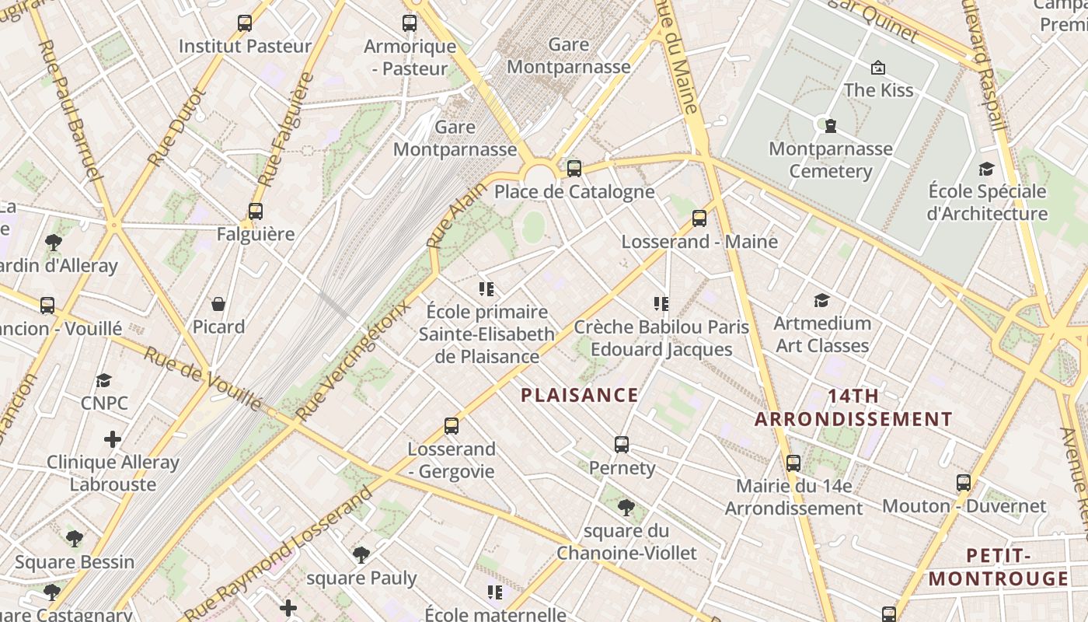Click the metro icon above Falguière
click(x=255, y=211)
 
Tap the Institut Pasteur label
click(x=245, y=47)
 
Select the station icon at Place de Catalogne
click(x=574, y=168)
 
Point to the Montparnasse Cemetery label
click(x=830, y=159)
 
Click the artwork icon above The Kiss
click(x=878, y=68)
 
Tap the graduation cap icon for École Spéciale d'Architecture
click(x=986, y=169)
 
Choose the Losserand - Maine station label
click(x=699, y=242)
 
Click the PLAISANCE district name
click(x=580, y=396)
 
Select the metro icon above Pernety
click(x=622, y=445)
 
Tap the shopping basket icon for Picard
click(x=218, y=304)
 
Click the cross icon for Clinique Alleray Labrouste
click(x=113, y=439)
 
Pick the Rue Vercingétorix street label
click(x=354, y=358)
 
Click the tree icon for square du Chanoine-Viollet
click(x=626, y=508)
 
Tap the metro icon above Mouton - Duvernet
click(x=964, y=483)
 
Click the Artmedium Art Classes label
click(x=822, y=334)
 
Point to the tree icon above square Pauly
click(x=361, y=555)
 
